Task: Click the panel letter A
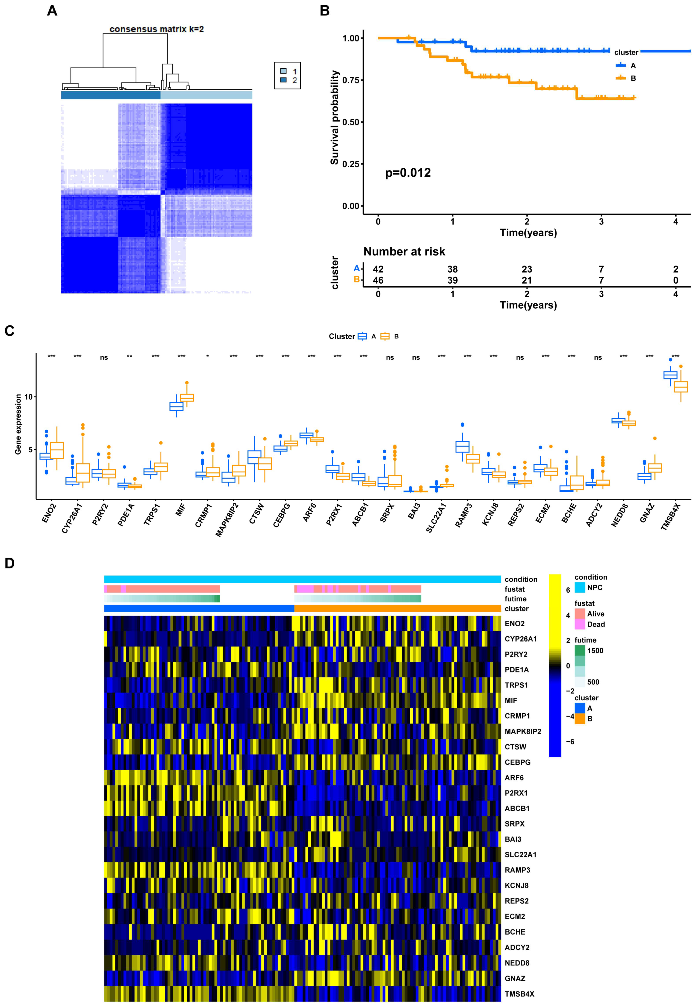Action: coord(52,10)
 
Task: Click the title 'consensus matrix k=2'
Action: coord(157,29)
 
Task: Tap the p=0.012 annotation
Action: coord(408,173)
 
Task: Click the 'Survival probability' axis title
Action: coord(334,118)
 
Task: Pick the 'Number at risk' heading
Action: coord(404,252)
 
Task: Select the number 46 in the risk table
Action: coord(378,280)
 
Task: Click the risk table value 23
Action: coord(527,269)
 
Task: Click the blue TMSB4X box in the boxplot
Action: coord(670,375)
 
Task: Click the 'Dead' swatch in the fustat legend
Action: coord(580,624)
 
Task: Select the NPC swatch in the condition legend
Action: coord(580,588)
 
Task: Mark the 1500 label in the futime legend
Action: coord(595,650)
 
